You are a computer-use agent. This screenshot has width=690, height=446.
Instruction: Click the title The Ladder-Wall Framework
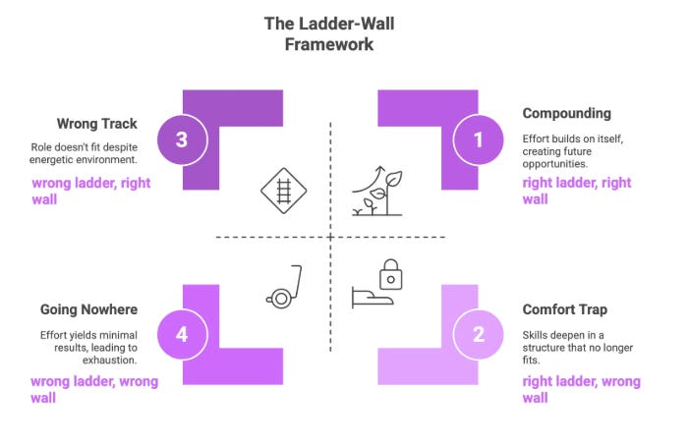point(330,32)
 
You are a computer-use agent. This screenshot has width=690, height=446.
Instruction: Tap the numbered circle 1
point(478,139)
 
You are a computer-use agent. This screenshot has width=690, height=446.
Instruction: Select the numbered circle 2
point(478,334)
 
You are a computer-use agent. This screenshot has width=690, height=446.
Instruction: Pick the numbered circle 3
point(182,139)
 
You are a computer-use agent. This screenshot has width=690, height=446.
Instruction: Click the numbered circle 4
point(182,334)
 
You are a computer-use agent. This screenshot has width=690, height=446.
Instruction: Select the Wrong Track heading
point(96,125)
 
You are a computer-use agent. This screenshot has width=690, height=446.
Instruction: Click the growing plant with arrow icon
point(377,191)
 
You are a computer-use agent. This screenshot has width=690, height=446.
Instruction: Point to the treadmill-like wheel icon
point(282,287)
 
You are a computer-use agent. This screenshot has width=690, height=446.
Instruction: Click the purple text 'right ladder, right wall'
point(577,191)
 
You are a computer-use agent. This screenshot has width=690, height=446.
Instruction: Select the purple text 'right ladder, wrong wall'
point(581,389)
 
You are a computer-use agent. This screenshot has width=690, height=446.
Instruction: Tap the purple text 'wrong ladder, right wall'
point(89,191)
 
